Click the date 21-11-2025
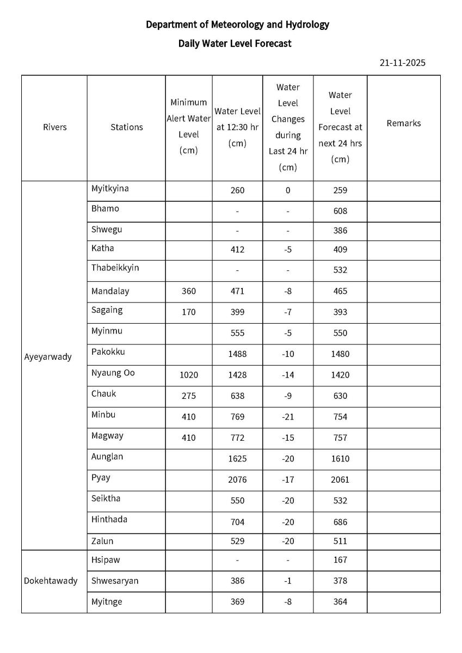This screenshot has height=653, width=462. pos(402,63)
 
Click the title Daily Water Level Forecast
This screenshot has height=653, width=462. pos(235,44)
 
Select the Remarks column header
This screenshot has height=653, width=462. pos(403,124)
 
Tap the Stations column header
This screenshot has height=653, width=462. pos(126,127)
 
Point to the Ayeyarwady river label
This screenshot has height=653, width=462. pos(48,357)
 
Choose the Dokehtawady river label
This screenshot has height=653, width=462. pos(51,581)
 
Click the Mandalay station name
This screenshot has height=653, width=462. pos(110,291)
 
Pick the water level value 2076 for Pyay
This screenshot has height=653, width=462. pos(237,480)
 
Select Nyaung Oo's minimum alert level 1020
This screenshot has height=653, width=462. pos(188,375)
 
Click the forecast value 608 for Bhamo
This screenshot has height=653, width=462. pos(340,211)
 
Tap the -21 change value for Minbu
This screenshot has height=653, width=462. pos(288,417)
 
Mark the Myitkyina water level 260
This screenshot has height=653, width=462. pos(237,190)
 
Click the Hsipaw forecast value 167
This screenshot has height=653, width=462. pos(340,560)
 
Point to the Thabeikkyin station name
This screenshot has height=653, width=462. pos(115,268)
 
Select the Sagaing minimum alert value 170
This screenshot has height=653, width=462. pos(188,312)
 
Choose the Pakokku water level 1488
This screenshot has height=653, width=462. pos(237,354)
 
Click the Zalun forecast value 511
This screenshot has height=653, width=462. pos(340,541)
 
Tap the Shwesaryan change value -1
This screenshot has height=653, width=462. pos(288,581)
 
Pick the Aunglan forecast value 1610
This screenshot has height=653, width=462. pos(340,459)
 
